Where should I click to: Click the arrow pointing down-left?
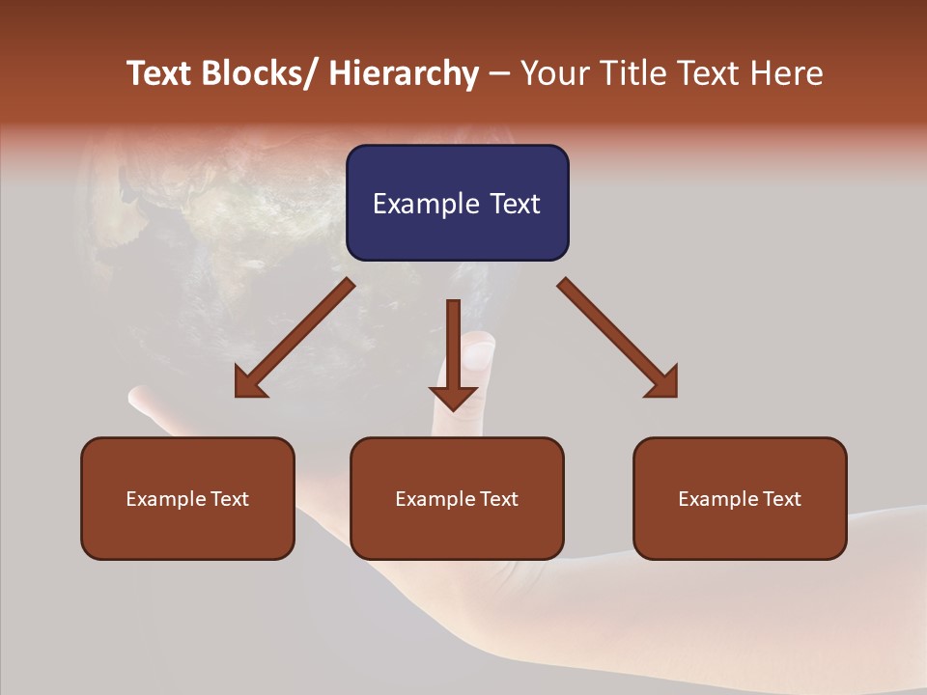point(295,339)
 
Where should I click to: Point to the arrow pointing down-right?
point(618,339)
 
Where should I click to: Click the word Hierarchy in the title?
point(404,73)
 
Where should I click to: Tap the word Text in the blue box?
point(513,204)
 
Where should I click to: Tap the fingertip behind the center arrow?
point(476,352)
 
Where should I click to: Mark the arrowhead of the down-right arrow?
point(663,383)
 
